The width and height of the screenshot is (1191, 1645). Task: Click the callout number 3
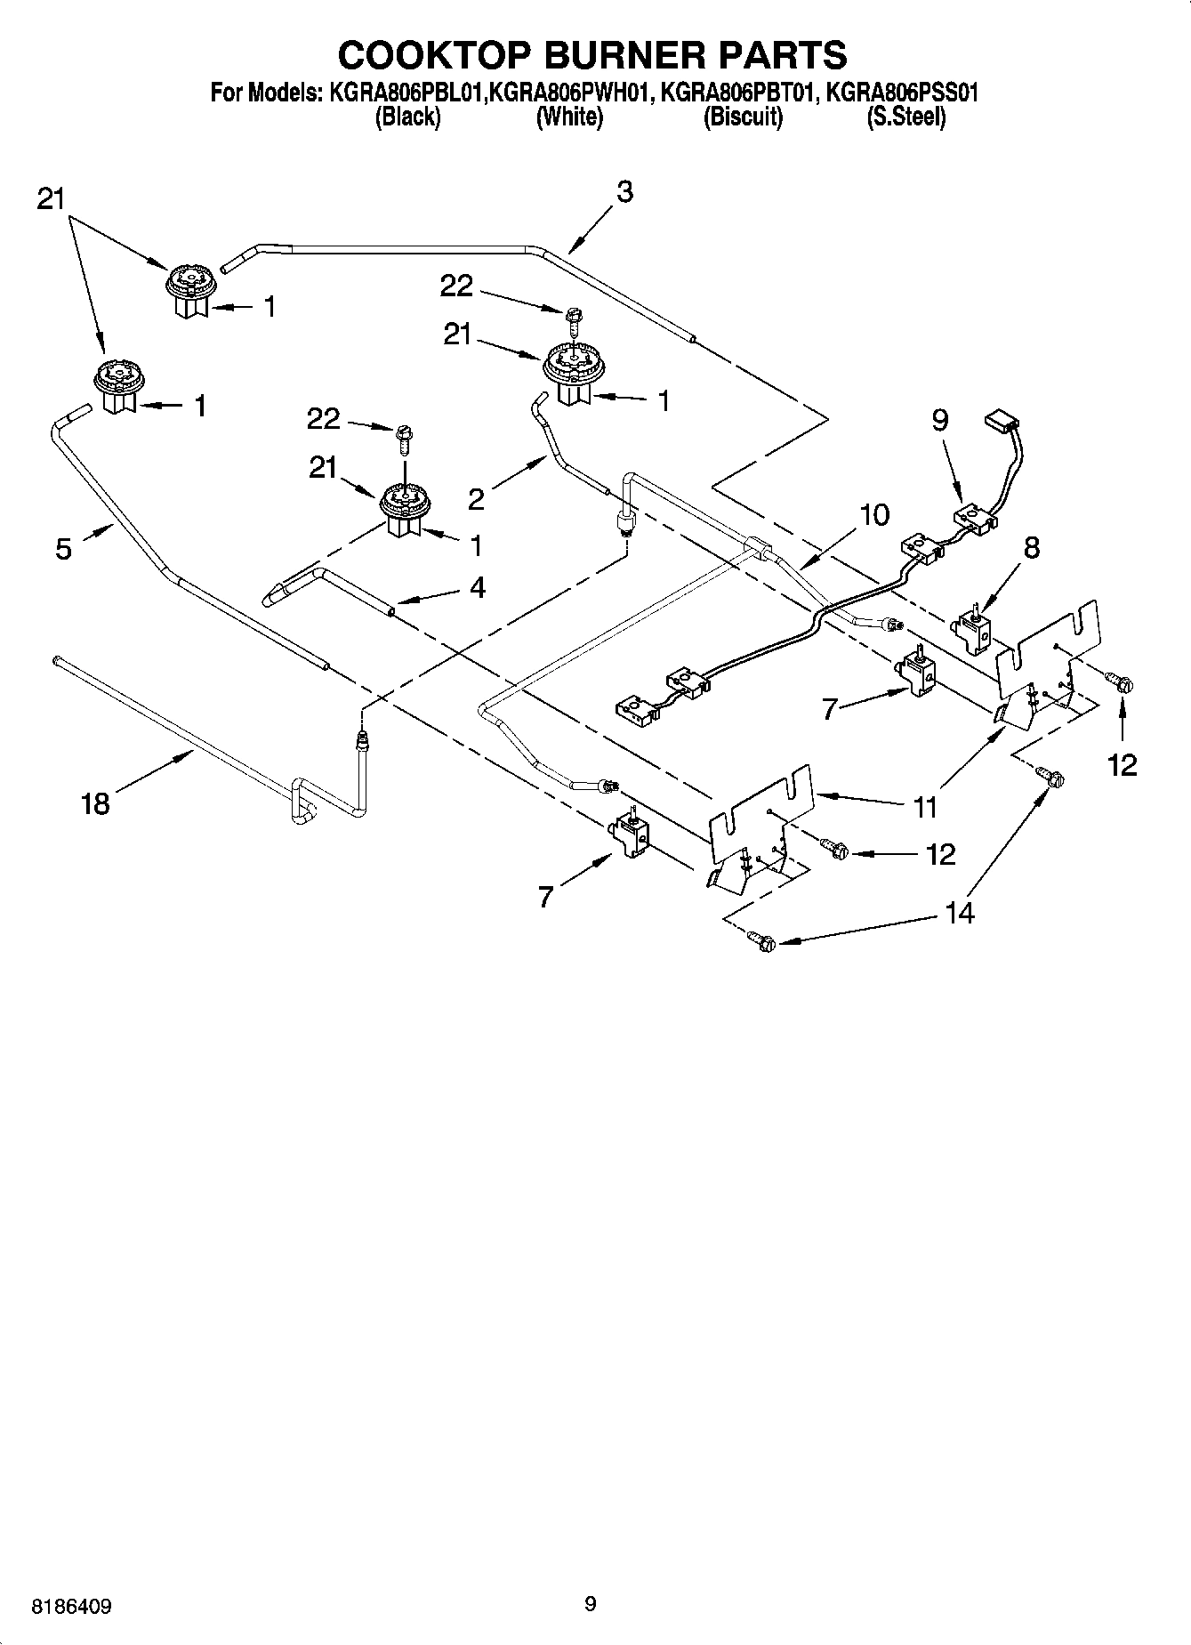(624, 191)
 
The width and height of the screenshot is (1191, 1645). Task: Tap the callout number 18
(95, 803)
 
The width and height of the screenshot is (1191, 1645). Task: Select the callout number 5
(63, 549)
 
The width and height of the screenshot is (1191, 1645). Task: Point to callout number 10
(874, 514)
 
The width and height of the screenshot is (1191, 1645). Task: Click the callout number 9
(940, 419)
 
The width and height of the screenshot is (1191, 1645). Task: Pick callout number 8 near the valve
(1031, 547)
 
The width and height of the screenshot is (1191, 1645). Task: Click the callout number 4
(478, 587)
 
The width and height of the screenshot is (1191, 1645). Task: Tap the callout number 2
(477, 500)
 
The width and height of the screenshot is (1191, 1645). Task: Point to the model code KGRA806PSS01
(902, 93)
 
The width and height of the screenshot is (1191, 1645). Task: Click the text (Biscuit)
(743, 117)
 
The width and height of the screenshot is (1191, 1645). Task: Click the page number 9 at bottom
(591, 1604)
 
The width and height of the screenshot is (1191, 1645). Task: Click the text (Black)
(408, 117)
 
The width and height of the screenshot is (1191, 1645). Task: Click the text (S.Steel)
(906, 117)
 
